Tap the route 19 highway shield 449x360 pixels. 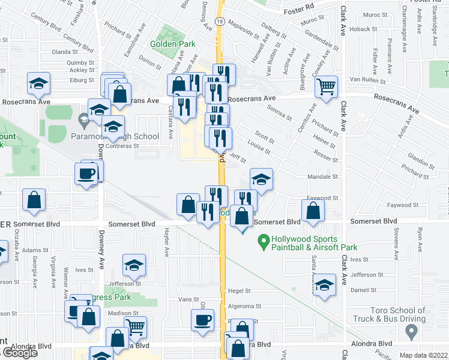pos(220,21)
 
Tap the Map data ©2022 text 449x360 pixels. pos(424,355)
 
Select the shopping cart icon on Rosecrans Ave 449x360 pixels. pos(326,87)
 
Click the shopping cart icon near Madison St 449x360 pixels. pos(136,328)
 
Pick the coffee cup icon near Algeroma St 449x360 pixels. pos(202,320)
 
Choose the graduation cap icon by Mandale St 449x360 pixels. pos(261,179)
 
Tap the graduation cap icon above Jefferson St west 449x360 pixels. pos(134,265)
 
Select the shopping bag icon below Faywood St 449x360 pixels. pos(313,211)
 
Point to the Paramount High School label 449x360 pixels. pos(121,137)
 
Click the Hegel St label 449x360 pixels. pos(239,290)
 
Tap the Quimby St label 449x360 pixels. pos(82,62)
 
